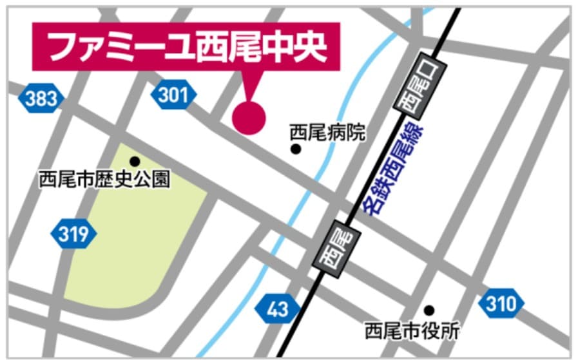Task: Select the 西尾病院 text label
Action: pos(327,133)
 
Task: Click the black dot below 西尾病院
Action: pos(296,149)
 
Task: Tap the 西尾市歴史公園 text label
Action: pos(104,178)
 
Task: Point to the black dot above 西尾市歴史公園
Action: pos(135,161)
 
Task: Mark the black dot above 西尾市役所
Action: pos(429,310)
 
